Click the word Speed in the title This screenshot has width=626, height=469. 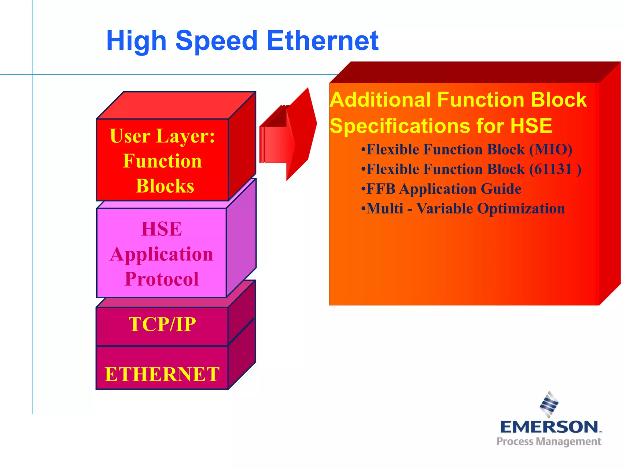(x=216, y=41)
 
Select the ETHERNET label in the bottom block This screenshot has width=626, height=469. (x=162, y=374)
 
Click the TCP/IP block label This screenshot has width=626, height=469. (x=162, y=324)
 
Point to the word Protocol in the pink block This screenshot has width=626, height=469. (x=162, y=279)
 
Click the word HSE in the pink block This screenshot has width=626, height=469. (x=162, y=229)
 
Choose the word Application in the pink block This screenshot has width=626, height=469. (x=162, y=254)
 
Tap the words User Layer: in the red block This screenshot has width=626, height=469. (x=162, y=136)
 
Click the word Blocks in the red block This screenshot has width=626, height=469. (x=165, y=186)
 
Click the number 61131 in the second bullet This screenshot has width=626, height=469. (x=550, y=169)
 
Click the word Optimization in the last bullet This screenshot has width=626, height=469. (x=521, y=209)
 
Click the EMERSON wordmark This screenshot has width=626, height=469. (x=549, y=427)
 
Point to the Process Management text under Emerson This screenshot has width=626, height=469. (x=549, y=442)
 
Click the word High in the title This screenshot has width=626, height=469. (x=136, y=41)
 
